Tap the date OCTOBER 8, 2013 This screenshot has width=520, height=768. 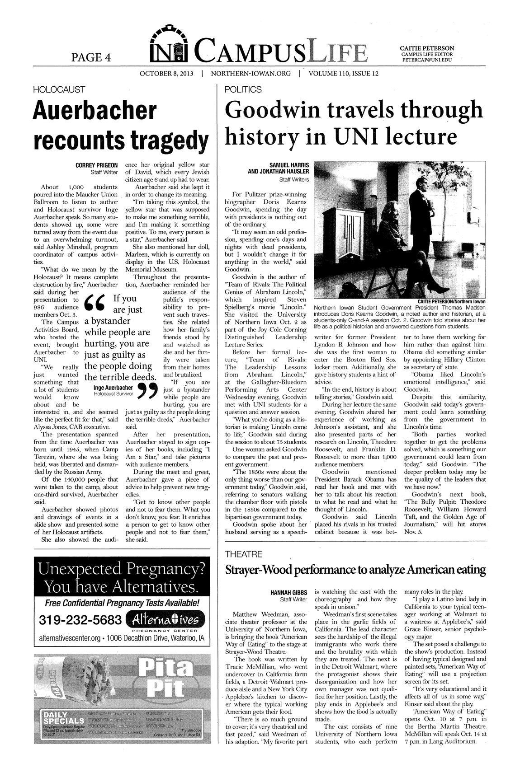pyautogui.click(x=166, y=74)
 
